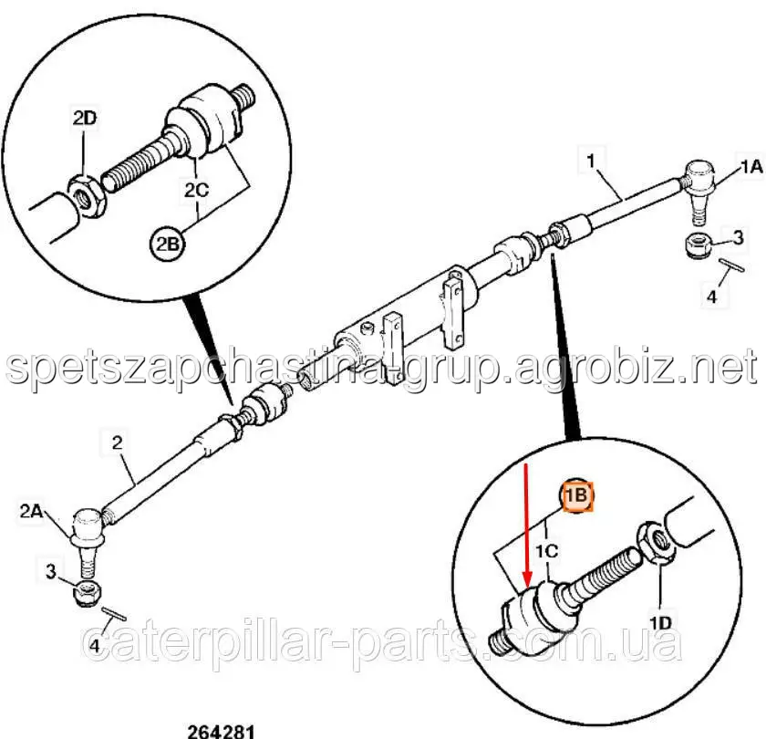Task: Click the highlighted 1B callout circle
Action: tap(576, 495)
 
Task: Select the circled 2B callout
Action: tap(168, 244)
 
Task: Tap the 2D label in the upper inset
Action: tap(85, 119)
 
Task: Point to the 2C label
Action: tap(196, 190)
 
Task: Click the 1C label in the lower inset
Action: tap(546, 551)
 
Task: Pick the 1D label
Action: tap(660, 622)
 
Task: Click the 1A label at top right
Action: tap(751, 168)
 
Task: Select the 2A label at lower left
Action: tap(31, 511)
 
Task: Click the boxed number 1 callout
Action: tap(591, 160)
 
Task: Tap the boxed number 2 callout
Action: tap(118, 442)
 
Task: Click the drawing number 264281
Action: tap(222, 732)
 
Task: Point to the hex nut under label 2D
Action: tap(87, 195)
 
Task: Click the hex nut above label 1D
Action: tap(656, 542)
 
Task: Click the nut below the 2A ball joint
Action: tap(87, 592)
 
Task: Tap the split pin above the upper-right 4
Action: tap(730, 265)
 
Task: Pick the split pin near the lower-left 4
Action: tap(114, 614)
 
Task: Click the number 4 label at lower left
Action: tap(94, 646)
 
